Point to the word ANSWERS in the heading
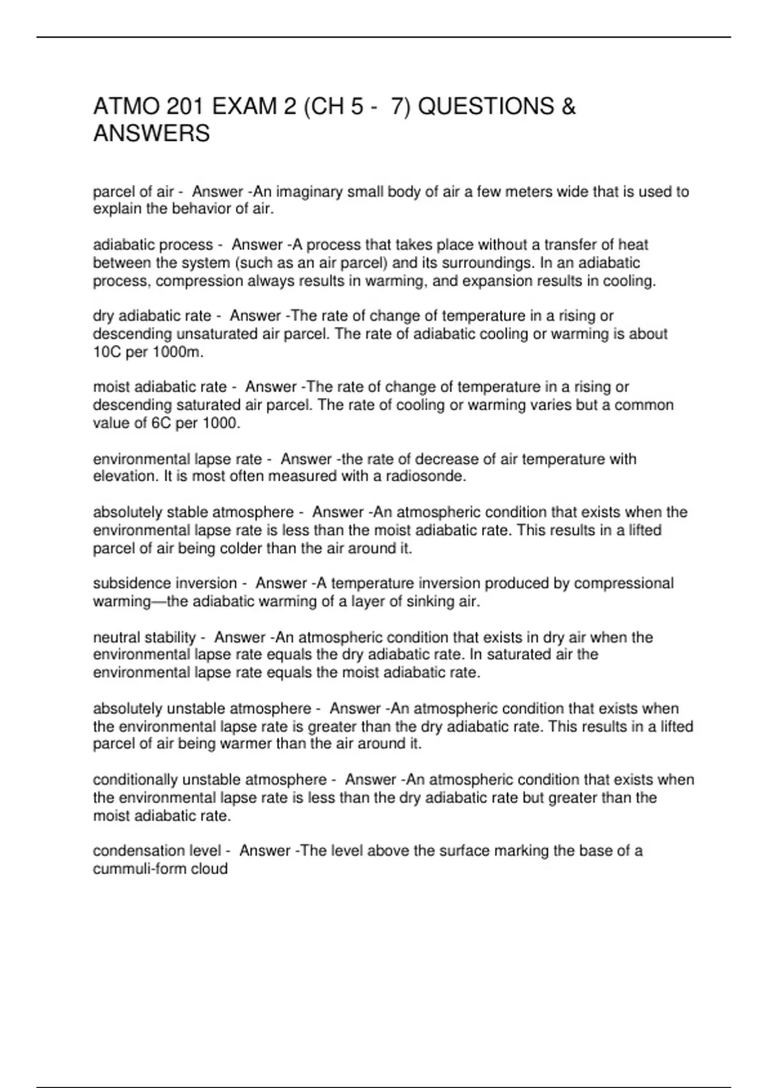[x=152, y=134]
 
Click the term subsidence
[x=132, y=584]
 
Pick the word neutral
[x=116, y=637]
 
